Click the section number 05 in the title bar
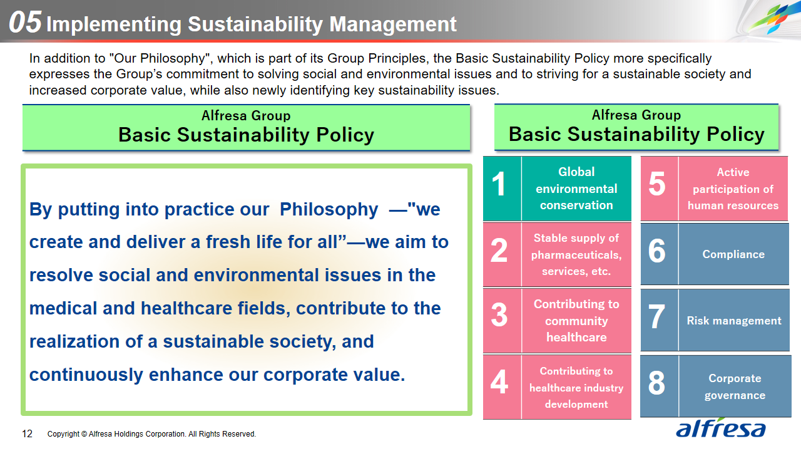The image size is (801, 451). pyautogui.click(x=25, y=22)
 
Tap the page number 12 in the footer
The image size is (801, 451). pyautogui.click(x=27, y=434)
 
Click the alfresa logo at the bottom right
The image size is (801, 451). pyautogui.click(x=720, y=428)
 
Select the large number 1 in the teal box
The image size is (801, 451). pyautogui.click(x=499, y=184)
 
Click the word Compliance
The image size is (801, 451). pyautogui.click(x=733, y=254)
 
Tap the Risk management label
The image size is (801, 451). pyautogui.click(x=734, y=321)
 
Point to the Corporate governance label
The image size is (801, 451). pyautogui.click(x=735, y=387)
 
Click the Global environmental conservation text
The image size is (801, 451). pyautogui.click(x=576, y=189)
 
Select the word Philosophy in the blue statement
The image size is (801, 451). pyautogui.click(x=329, y=209)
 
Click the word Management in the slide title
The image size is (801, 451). pyautogui.click(x=392, y=24)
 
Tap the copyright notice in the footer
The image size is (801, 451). pyautogui.click(x=151, y=434)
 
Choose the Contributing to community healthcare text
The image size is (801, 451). pyautogui.click(x=576, y=321)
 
